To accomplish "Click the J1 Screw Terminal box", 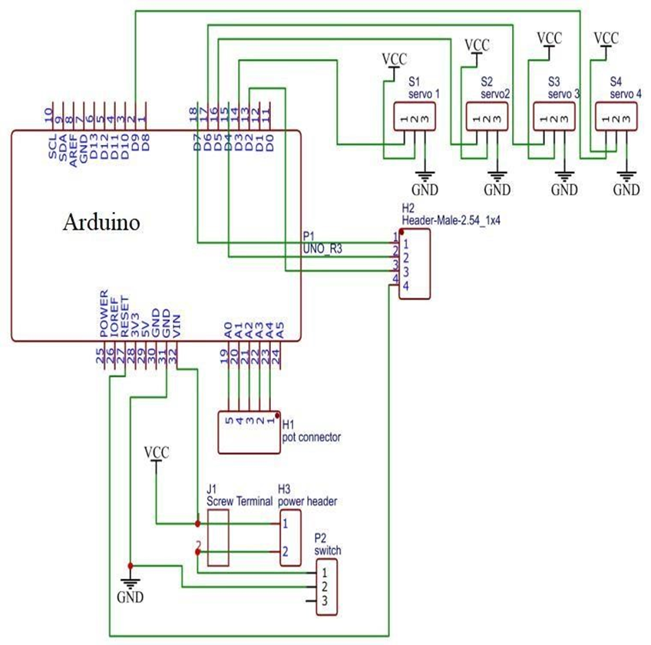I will coord(219,536).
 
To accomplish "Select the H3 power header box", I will coord(289,537).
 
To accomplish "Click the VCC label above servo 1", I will coord(395,59).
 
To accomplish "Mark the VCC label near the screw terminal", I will coord(157,453).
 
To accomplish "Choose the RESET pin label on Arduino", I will coord(124,317).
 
